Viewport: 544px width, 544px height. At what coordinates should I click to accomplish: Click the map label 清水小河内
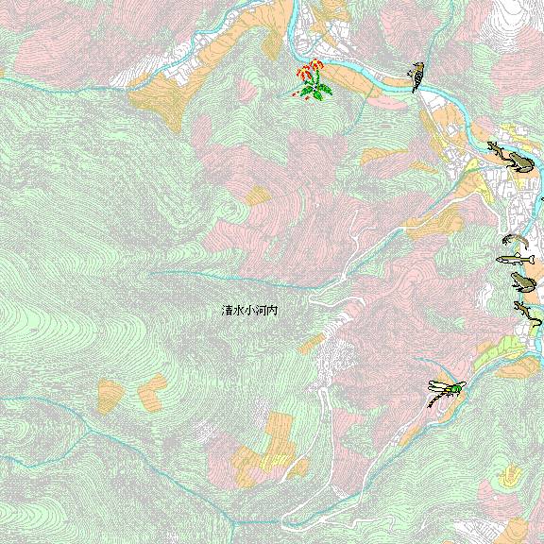click(249, 310)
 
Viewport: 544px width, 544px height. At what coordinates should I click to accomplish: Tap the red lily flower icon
click(311, 80)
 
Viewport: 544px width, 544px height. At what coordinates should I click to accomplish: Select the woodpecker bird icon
click(416, 76)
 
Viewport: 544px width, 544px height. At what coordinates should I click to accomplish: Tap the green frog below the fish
click(521, 281)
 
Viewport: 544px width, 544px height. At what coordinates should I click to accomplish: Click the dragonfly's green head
click(459, 385)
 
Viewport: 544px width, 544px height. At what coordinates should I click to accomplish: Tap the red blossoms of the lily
click(308, 71)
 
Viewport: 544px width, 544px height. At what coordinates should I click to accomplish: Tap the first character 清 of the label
click(227, 310)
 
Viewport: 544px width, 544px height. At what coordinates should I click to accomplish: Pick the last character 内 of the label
click(272, 310)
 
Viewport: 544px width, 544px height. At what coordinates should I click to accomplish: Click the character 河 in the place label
click(261, 310)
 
